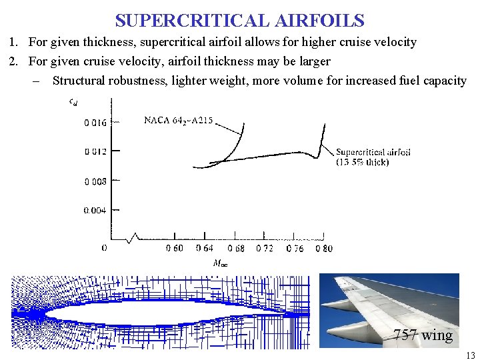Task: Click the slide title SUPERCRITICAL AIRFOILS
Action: (x=239, y=20)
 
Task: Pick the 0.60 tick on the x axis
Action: (x=175, y=249)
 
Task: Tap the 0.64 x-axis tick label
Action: (x=205, y=249)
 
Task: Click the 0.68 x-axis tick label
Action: (x=235, y=249)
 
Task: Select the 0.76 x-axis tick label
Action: (x=295, y=249)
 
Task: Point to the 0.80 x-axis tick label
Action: (x=323, y=249)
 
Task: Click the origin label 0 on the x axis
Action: (x=103, y=248)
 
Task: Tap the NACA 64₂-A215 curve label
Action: (x=179, y=121)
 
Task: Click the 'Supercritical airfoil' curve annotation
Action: (x=373, y=152)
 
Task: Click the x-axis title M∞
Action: (x=219, y=263)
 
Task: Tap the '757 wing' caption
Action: (x=423, y=335)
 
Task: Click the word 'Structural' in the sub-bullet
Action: (x=78, y=81)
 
